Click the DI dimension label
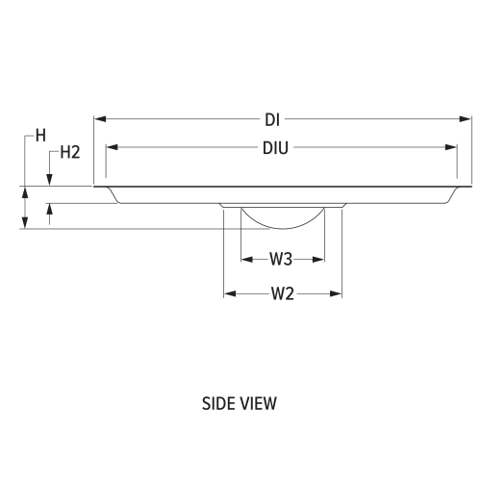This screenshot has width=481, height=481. [272, 120]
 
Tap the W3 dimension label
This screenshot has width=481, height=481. [281, 259]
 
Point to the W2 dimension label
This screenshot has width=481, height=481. [282, 293]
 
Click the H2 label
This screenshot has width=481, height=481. [69, 152]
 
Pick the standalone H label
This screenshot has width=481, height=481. [40, 136]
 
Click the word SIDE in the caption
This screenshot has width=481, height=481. [218, 403]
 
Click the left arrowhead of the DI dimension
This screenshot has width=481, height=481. [99, 120]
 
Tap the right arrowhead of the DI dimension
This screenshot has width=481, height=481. [468, 120]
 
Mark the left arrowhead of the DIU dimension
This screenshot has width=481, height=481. [111, 148]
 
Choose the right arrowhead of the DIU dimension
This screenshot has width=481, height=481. [453, 148]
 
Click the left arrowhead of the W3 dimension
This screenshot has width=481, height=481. [244, 259]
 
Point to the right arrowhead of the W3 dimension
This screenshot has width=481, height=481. [320, 259]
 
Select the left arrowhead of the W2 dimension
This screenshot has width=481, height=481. [228, 293]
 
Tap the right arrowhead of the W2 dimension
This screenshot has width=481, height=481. [338, 293]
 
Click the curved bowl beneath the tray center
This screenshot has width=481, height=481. [282, 219]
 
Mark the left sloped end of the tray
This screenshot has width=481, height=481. [114, 195]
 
